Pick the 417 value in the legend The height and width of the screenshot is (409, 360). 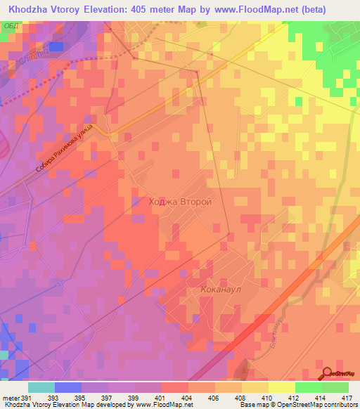click(x=348, y=397)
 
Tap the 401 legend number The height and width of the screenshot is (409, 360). click(x=162, y=397)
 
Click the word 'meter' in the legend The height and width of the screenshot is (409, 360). click(x=11, y=397)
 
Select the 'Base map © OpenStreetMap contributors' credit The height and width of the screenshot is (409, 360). click(x=298, y=405)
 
